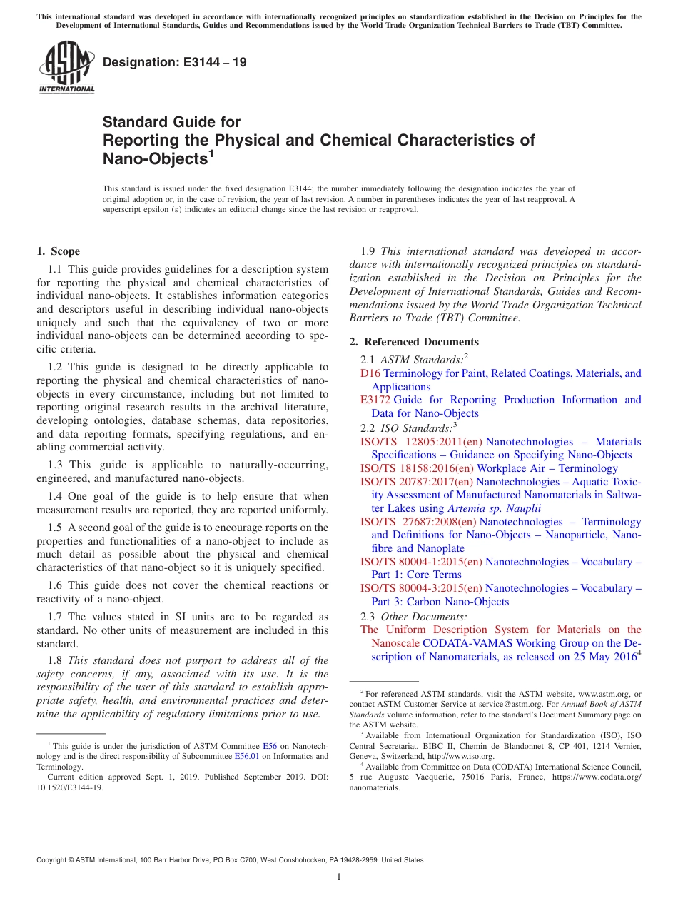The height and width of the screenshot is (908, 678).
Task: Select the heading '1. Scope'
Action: click(58, 251)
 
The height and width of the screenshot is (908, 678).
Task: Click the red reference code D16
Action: click(370, 373)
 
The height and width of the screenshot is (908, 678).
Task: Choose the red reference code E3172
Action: click(375, 400)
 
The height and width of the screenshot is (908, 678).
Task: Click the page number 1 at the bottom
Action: click(339, 877)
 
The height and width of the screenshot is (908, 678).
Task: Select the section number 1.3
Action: click(55, 465)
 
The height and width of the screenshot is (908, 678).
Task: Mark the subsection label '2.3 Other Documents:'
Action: click(414, 616)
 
